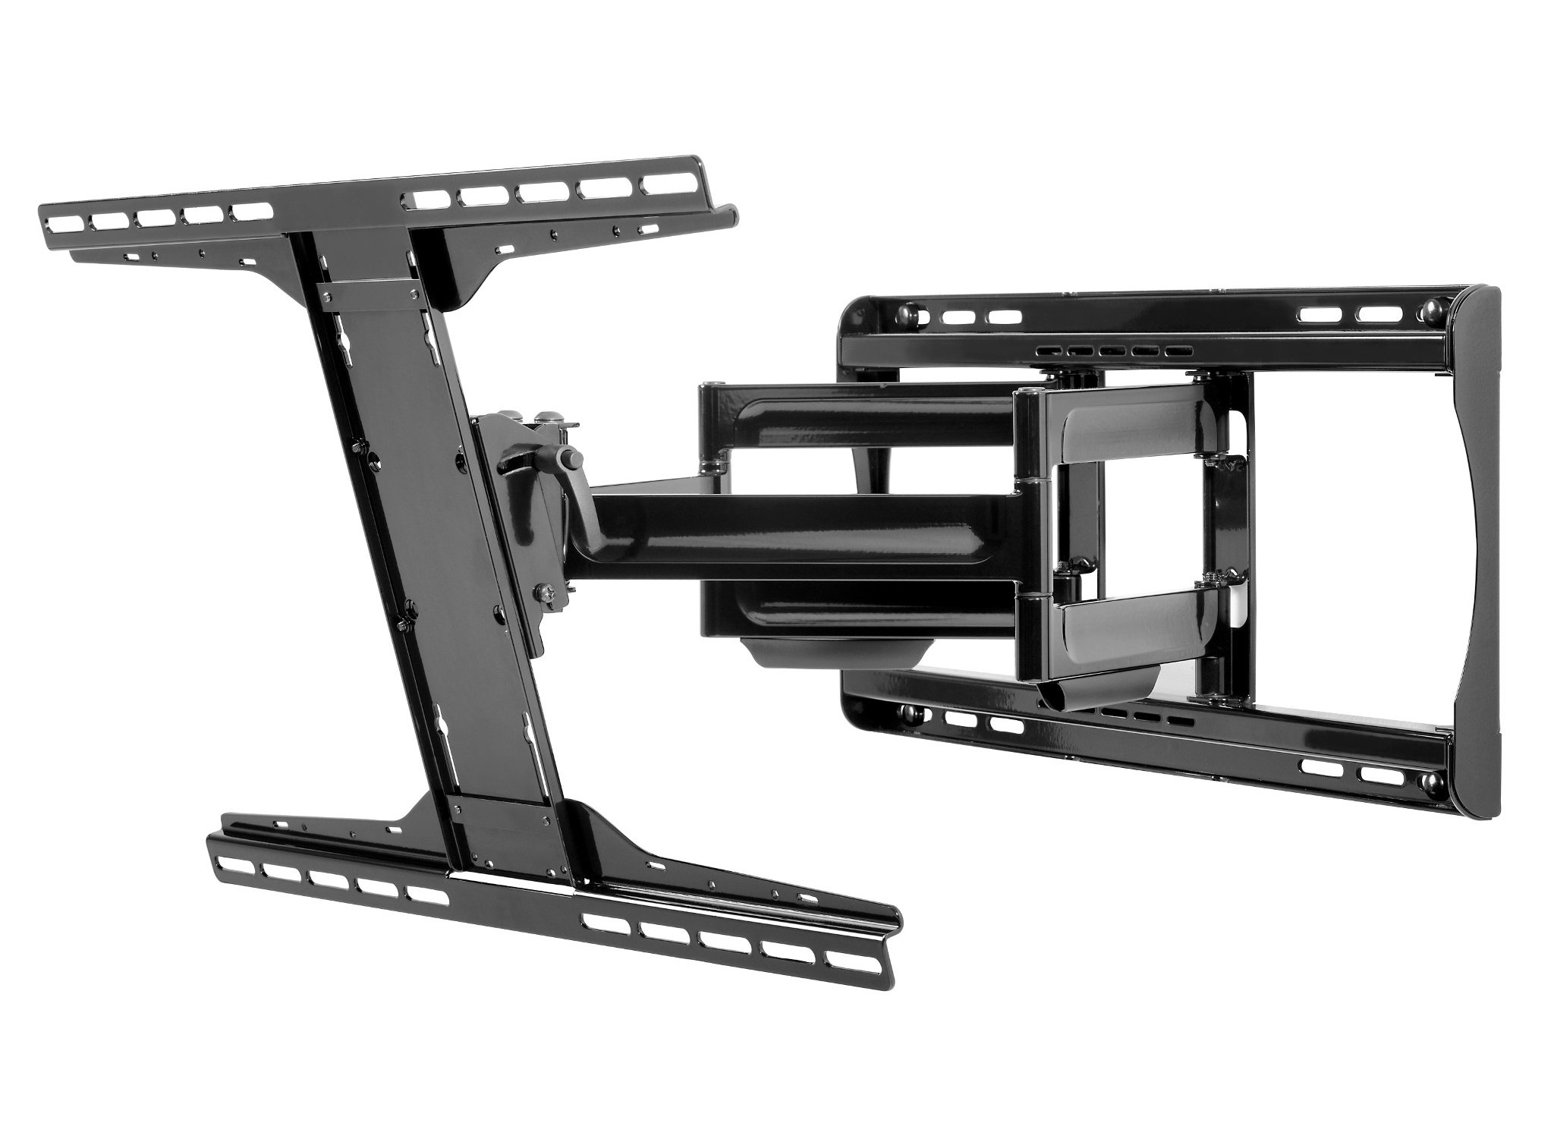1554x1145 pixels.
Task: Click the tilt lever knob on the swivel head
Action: [x=570, y=459]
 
